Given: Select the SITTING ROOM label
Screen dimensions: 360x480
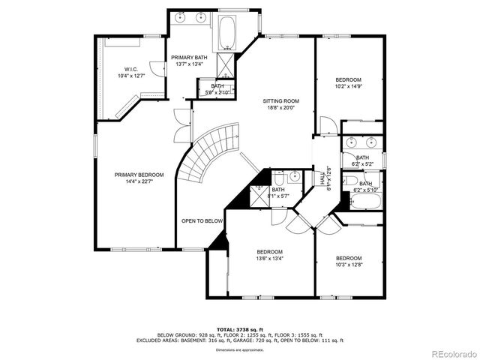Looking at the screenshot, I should (x=280, y=100).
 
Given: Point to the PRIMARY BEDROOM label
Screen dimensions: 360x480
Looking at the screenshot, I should (x=139, y=175).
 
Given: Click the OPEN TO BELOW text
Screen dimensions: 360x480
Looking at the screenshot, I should (x=202, y=221).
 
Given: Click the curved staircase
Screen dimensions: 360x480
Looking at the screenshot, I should (x=210, y=154).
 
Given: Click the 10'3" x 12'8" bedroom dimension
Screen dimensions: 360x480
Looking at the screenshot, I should (x=349, y=265).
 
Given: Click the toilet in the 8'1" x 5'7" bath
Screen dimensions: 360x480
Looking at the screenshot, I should (x=278, y=178).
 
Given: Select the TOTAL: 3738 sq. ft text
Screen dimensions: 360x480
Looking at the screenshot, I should (x=240, y=329).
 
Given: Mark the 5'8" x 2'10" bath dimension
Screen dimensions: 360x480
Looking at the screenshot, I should (x=217, y=93).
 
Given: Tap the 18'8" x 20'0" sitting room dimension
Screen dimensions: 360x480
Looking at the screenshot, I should (x=280, y=107).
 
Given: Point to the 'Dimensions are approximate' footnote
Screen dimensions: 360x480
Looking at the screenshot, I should (x=239, y=349).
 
